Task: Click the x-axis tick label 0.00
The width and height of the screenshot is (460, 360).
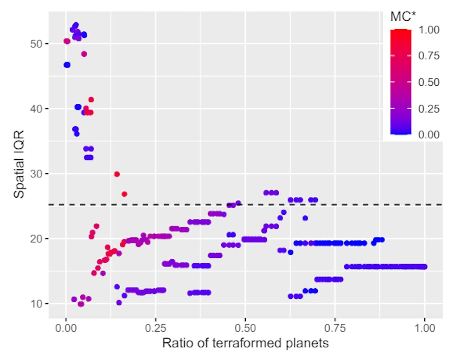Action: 66,328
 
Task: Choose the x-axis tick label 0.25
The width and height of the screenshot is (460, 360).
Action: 155,328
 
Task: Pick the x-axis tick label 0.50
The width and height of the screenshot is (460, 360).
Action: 245,328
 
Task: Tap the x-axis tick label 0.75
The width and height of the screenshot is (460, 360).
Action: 335,328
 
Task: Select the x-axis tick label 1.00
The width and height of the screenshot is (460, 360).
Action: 424,328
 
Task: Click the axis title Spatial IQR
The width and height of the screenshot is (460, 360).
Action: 19,165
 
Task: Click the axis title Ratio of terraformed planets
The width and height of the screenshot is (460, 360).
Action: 245,343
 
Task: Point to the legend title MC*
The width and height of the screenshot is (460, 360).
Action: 404,16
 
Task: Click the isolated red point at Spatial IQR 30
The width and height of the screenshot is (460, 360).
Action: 117,174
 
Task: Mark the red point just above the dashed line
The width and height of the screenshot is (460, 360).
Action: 124,194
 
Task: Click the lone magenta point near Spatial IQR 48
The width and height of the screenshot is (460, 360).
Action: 84,54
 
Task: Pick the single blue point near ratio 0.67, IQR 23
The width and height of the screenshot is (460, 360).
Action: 305,218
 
